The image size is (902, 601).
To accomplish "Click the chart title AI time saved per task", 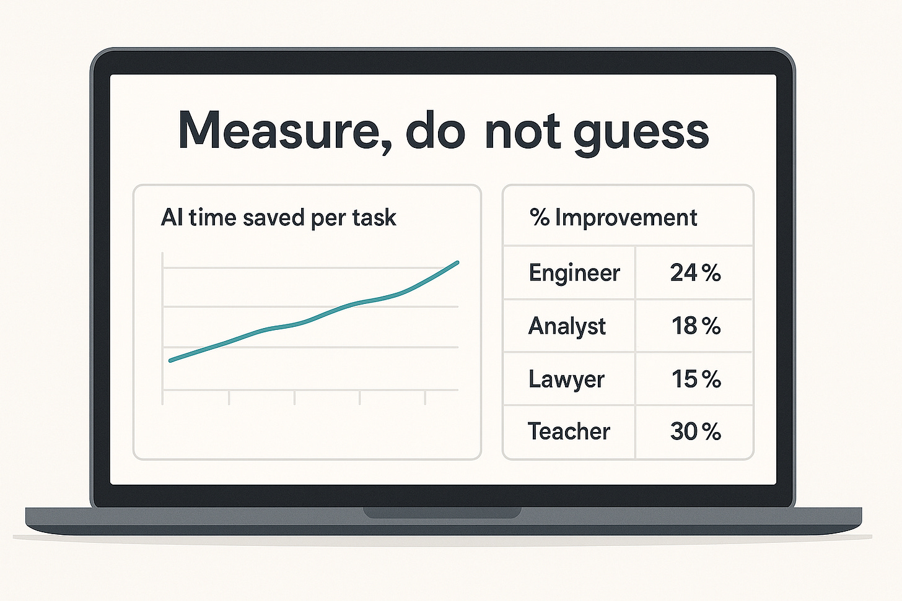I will [x=278, y=218].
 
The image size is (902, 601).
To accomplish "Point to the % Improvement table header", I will [x=613, y=218].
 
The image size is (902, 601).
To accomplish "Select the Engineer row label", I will [x=574, y=273].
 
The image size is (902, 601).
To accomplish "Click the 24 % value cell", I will [x=695, y=273].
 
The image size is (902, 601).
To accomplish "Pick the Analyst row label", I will [x=567, y=326].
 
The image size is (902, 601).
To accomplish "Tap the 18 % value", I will [x=696, y=326].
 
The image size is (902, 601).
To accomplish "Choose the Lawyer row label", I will [x=566, y=379].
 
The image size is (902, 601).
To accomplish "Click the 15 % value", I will [x=696, y=379].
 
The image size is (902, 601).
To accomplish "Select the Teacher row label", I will [x=569, y=431].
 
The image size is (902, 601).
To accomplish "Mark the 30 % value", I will [x=695, y=431].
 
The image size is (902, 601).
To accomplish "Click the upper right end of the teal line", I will [x=457, y=262].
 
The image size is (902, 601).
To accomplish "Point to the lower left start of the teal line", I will [x=171, y=360].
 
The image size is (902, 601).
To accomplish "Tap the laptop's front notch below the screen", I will [x=442, y=512].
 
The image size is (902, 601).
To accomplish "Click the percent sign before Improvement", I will [x=540, y=218].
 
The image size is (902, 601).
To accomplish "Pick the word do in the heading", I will [x=434, y=131].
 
